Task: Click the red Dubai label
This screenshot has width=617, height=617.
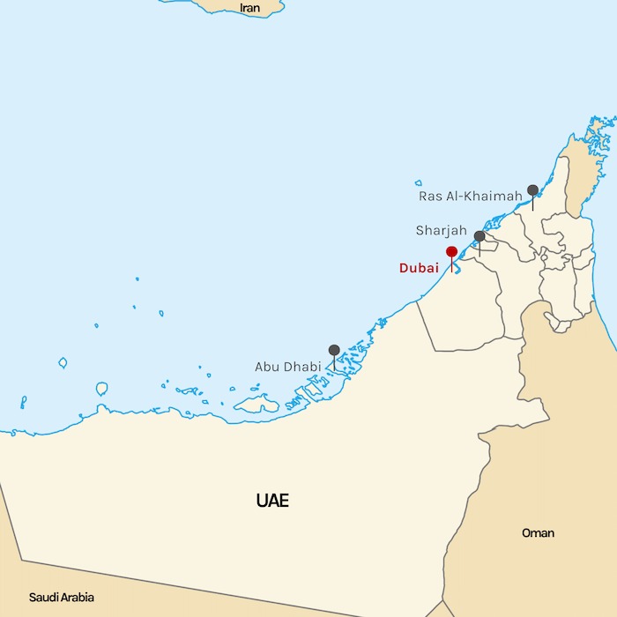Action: pyautogui.click(x=419, y=268)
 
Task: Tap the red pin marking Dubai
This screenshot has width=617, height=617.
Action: pyautogui.click(x=451, y=252)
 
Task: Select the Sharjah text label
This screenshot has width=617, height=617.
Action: pyautogui.click(x=442, y=231)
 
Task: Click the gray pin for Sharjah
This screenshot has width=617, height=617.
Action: pyautogui.click(x=479, y=236)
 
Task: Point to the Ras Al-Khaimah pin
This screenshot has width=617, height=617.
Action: pyautogui.click(x=532, y=190)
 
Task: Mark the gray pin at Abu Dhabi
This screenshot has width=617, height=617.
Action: pyautogui.click(x=334, y=351)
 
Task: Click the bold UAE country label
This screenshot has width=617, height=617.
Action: pyautogui.click(x=272, y=502)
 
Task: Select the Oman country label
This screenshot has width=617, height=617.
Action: pyautogui.click(x=538, y=533)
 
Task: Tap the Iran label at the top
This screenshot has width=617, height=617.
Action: pyautogui.click(x=250, y=8)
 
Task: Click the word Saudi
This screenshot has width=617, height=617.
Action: pyautogui.click(x=44, y=598)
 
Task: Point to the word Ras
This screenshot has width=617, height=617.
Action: pyautogui.click(x=430, y=196)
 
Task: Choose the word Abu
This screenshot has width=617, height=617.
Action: pyautogui.click(x=268, y=367)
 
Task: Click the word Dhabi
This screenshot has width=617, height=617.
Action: pyautogui.click(x=302, y=367)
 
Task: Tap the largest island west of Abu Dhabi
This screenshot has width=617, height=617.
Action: pyautogui.click(x=256, y=405)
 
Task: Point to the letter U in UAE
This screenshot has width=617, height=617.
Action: pyautogui.click(x=263, y=502)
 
